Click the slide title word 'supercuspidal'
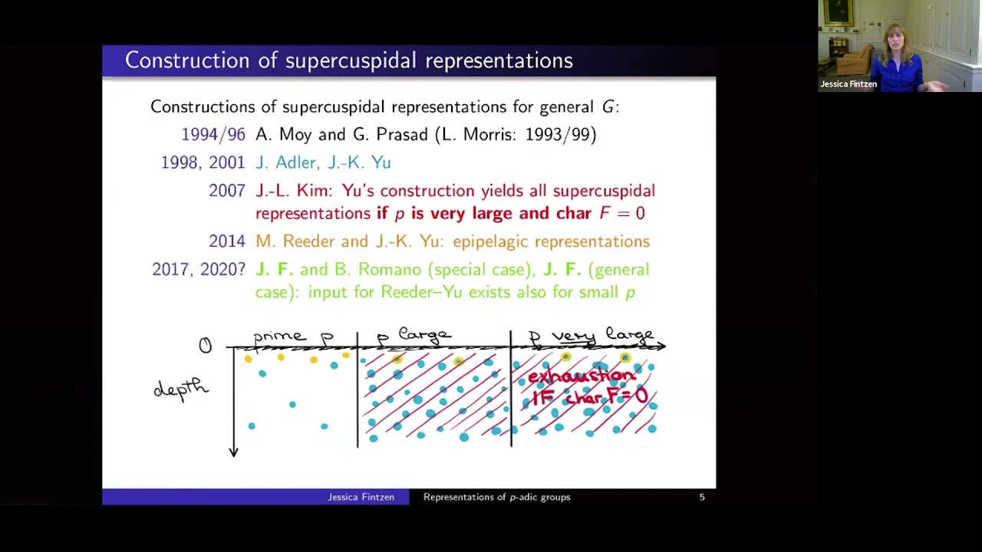351,61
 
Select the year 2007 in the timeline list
226,191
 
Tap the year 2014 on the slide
226,242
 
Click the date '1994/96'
213,135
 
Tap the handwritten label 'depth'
181,388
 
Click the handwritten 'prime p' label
293,337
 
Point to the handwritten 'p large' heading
414,335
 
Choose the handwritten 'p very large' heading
591,335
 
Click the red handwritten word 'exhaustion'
582,376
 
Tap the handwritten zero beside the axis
205,346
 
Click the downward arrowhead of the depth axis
234,452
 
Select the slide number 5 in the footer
701,498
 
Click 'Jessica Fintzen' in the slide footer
361,498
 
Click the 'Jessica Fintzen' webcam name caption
848,84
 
